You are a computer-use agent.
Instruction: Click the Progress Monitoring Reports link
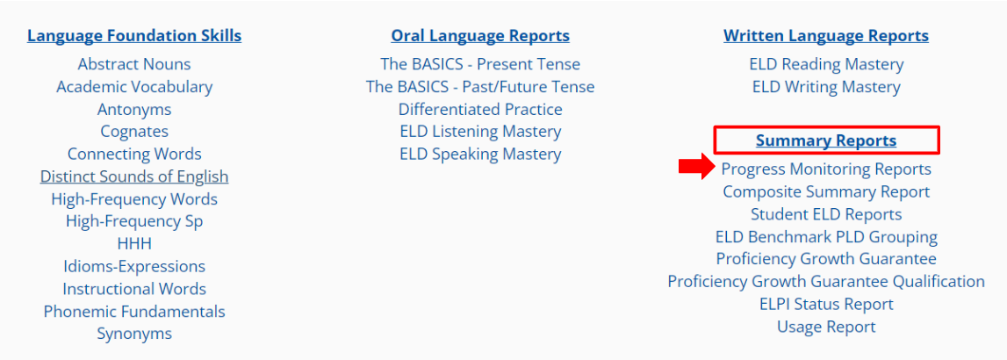826,169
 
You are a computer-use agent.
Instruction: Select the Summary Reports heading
826,140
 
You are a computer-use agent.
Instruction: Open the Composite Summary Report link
826,191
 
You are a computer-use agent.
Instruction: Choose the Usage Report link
826,327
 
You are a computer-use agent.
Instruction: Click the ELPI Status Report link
826,304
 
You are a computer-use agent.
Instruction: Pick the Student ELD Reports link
826,214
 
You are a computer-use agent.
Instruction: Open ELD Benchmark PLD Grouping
826,236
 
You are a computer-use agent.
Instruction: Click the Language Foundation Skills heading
134,35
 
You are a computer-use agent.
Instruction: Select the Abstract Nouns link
134,64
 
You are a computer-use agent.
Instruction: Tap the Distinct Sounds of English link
134,176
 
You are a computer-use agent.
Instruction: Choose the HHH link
134,243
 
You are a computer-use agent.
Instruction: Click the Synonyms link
134,334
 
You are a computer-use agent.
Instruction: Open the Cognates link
134,131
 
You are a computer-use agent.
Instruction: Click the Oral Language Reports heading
480,35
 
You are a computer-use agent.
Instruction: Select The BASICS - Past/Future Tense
480,86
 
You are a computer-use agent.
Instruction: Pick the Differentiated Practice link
480,109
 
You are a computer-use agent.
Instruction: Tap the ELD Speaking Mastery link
480,155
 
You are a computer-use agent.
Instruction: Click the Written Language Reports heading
826,35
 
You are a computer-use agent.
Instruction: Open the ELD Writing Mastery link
826,86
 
